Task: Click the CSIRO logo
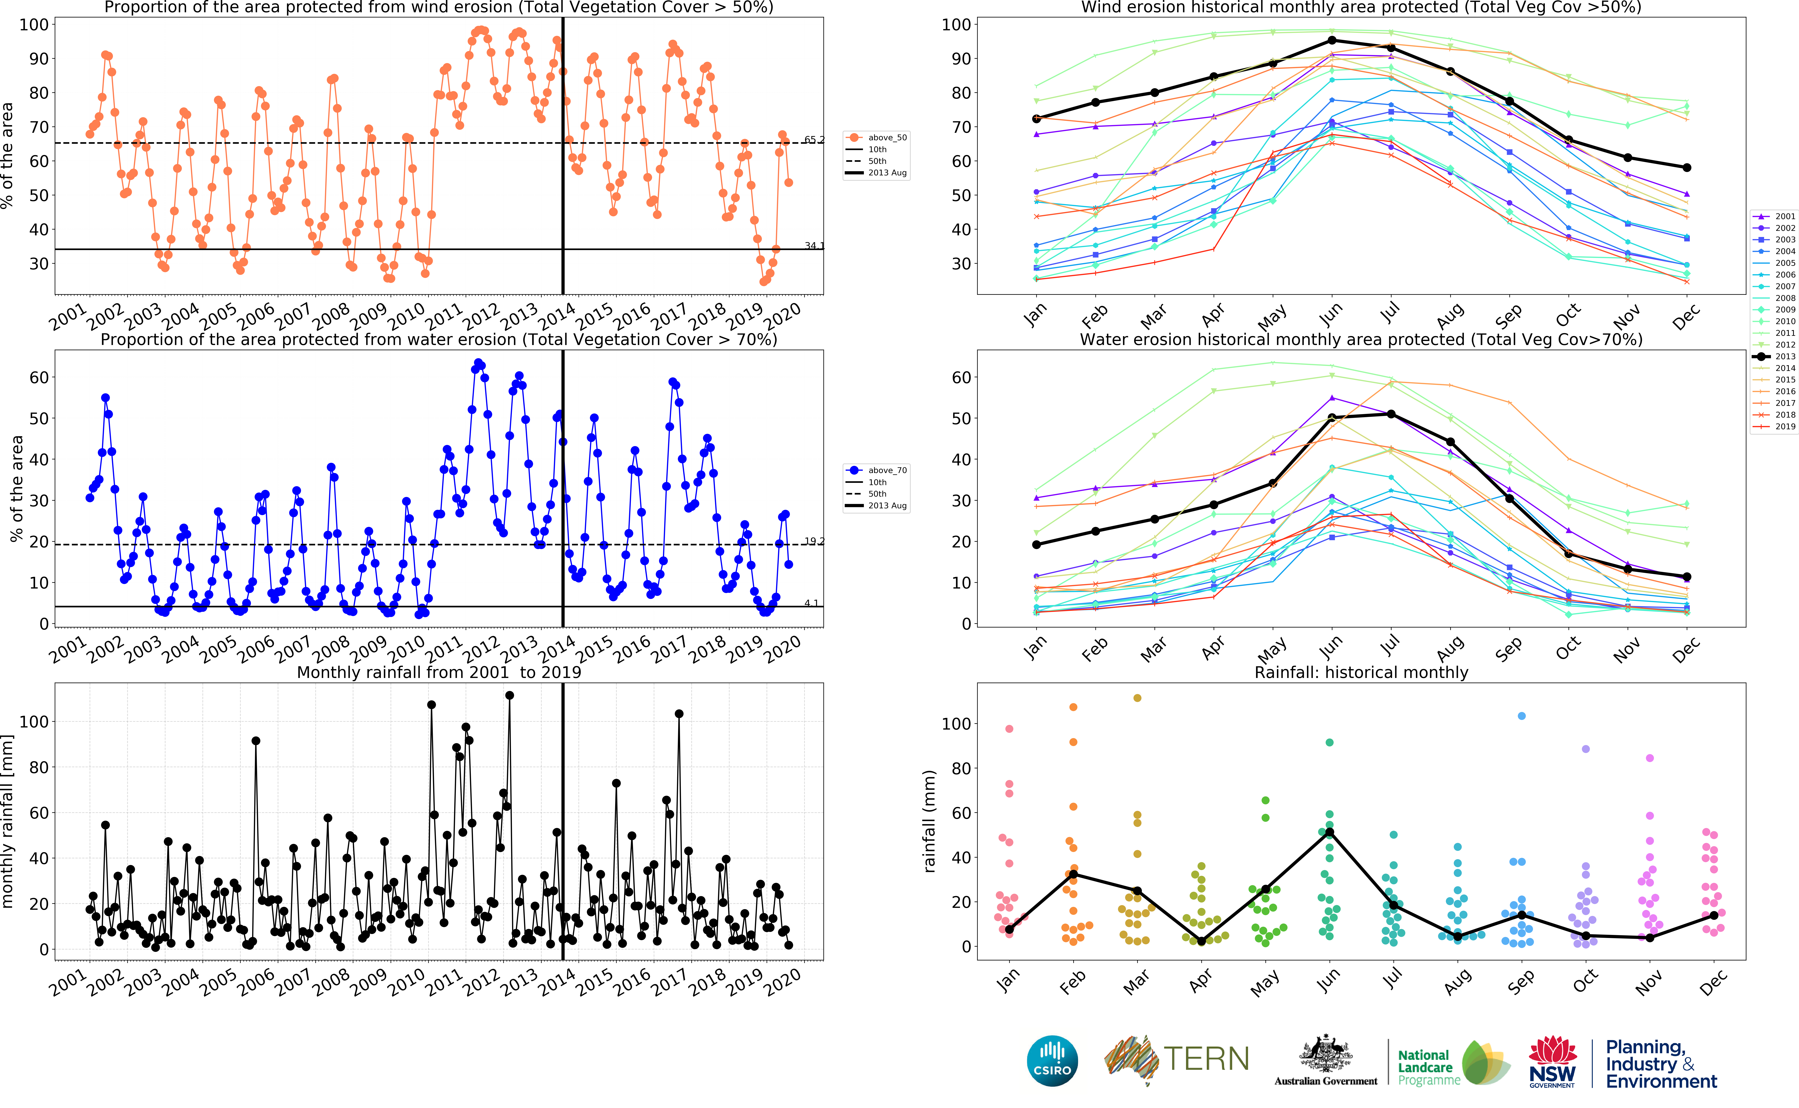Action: (x=1052, y=1060)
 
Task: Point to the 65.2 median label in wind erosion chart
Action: (x=813, y=139)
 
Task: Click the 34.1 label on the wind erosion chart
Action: (x=813, y=245)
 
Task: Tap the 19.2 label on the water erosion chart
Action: (x=813, y=541)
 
